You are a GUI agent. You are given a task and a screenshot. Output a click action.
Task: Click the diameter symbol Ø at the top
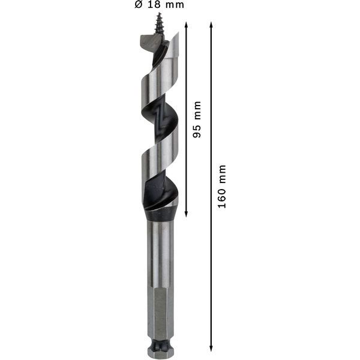(x=137, y=5)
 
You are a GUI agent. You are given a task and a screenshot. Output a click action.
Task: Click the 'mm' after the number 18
(x=174, y=5)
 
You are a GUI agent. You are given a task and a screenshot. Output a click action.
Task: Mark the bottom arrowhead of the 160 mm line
(x=211, y=347)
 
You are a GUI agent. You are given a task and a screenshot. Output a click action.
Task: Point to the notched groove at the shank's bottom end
(x=159, y=347)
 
